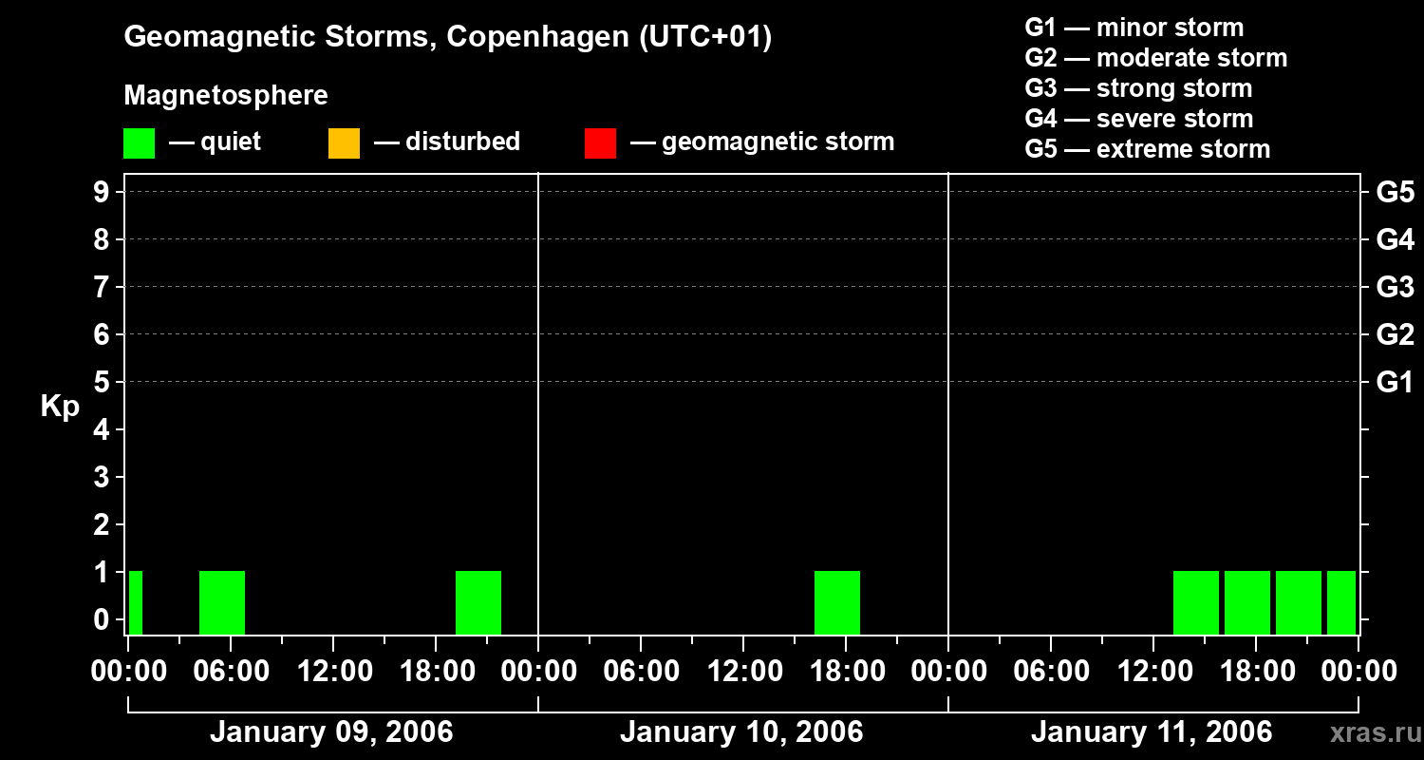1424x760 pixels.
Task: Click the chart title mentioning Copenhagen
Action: coord(447,37)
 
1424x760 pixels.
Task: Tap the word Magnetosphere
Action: coord(226,96)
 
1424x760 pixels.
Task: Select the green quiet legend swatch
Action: coord(139,142)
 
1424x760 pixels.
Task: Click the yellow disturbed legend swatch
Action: coord(344,142)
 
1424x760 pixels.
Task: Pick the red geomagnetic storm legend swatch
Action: coord(600,142)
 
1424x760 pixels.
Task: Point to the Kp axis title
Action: coord(60,407)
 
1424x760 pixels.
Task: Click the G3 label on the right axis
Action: coord(1395,287)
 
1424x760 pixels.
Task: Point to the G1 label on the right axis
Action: coord(1395,382)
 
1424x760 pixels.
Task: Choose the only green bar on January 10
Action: coord(837,601)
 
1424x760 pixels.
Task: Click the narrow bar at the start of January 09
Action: coord(136,601)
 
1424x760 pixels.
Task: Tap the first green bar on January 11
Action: coord(1196,601)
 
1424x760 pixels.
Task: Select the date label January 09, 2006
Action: coord(331,732)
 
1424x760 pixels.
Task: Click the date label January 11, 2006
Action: coord(1152,732)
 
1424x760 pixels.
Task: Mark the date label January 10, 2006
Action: coord(741,732)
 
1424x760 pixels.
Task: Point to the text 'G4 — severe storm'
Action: coord(1139,119)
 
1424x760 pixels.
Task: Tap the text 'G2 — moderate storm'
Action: coord(1156,58)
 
